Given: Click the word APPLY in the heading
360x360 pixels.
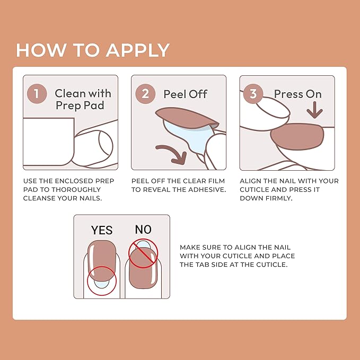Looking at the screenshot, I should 138,50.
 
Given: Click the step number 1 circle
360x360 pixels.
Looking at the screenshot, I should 37,94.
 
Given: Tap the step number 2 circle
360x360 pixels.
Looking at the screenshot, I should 145,94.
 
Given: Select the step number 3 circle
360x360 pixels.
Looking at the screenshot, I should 253,94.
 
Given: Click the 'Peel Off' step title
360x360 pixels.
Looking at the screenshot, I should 185,94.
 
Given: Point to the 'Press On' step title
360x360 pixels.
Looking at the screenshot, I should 297,94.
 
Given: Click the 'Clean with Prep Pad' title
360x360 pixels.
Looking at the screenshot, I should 83,99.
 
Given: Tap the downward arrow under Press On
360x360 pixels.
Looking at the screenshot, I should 315,110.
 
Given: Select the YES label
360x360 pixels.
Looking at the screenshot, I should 102,230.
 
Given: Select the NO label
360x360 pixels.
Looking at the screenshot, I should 143,230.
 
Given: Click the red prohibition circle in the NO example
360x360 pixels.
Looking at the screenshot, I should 143,253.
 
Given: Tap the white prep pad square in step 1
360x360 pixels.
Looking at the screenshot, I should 48,141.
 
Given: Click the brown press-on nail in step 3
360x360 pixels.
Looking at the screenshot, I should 297,137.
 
